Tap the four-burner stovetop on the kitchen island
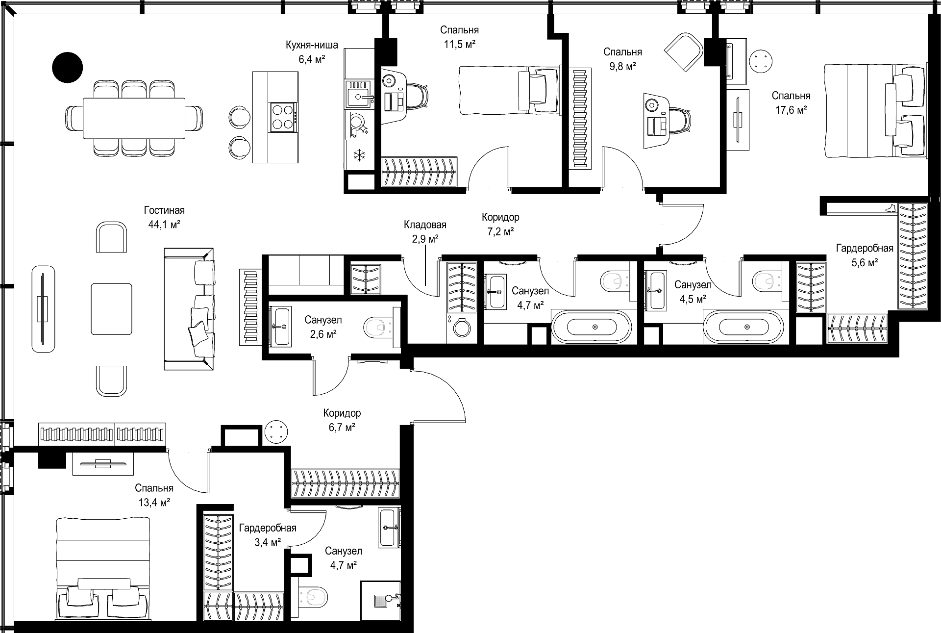coord(283,117)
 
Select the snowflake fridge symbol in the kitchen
coord(360,156)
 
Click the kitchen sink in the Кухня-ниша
coord(361,95)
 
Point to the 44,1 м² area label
coord(164,225)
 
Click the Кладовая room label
coord(425,225)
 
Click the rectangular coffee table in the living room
coord(111,309)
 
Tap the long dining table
coord(134,119)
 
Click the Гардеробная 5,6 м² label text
coord(865,255)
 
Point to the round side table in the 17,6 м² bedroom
coord(761,62)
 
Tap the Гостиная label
coord(164,210)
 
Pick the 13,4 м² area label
coord(153,503)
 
